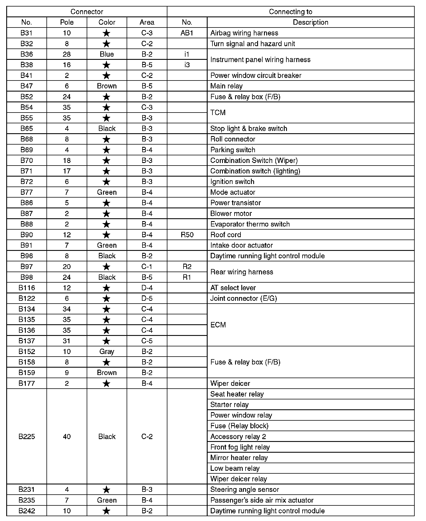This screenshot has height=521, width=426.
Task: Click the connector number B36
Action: click(x=27, y=54)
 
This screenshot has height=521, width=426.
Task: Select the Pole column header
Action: click(x=67, y=22)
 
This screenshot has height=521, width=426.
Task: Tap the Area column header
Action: click(x=147, y=22)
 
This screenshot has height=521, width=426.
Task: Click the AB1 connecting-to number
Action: click(x=187, y=33)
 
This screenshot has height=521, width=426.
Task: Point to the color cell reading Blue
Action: click(x=107, y=54)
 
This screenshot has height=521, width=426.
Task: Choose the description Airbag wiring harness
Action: click(x=244, y=33)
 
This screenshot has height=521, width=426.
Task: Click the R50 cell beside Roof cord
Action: click(x=187, y=235)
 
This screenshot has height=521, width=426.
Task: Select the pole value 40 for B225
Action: click(x=67, y=436)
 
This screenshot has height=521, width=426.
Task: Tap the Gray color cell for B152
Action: click(x=107, y=351)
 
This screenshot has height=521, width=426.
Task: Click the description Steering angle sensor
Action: click(x=244, y=489)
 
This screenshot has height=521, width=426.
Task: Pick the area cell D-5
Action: click(x=147, y=298)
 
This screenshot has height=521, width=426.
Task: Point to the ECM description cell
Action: click(x=218, y=325)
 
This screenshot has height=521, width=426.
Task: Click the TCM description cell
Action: click(x=218, y=113)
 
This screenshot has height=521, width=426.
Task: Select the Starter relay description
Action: click(x=229, y=404)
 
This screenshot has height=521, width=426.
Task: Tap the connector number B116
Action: click(x=27, y=288)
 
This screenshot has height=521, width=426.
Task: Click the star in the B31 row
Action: click(x=107, y=33)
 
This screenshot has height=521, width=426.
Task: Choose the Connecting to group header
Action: click(x=290, y=12)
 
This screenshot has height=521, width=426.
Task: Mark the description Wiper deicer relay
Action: click(x=238, y=479)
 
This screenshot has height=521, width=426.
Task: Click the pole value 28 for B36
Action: click(x=67, y=54)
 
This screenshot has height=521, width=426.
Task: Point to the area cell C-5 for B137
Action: click(x=147, y=341)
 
